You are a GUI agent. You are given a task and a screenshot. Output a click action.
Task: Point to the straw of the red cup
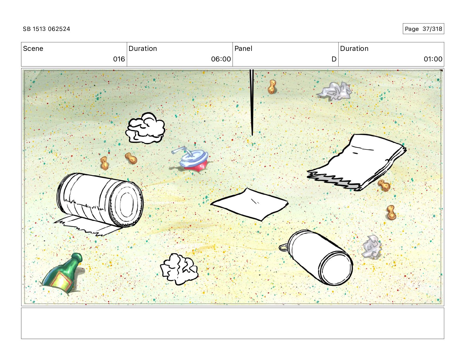pyautogui.click(x=182, y=150)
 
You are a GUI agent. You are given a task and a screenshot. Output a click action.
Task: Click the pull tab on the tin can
pyautogui.click(x=284, y=247)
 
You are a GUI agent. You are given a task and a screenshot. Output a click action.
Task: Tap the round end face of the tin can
pyautogui.click(x=336, y=269)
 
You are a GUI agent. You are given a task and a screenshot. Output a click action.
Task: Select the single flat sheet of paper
pyautogui.click(x=250, y=204)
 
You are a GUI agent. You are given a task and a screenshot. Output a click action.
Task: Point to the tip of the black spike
pyautogui.click(x=252, y=135)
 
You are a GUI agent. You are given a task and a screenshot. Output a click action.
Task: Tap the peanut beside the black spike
pyautogui.click(x=272, y=87)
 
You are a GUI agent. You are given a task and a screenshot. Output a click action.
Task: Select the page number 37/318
pyautogui.click(x=432, y=29)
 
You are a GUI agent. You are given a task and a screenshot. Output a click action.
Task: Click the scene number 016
pyautogui.click(x=119, y=59)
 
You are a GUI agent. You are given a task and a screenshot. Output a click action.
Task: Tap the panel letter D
pyautogui.click(x=334, y=59)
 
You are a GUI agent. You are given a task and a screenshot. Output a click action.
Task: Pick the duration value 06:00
pyautogui.click(x=221, y=59)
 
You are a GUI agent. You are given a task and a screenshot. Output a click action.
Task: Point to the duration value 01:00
pyautogui.click(x=433, y=59)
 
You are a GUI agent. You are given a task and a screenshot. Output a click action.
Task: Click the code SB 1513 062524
pyautogui.click(x=46, y=29)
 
